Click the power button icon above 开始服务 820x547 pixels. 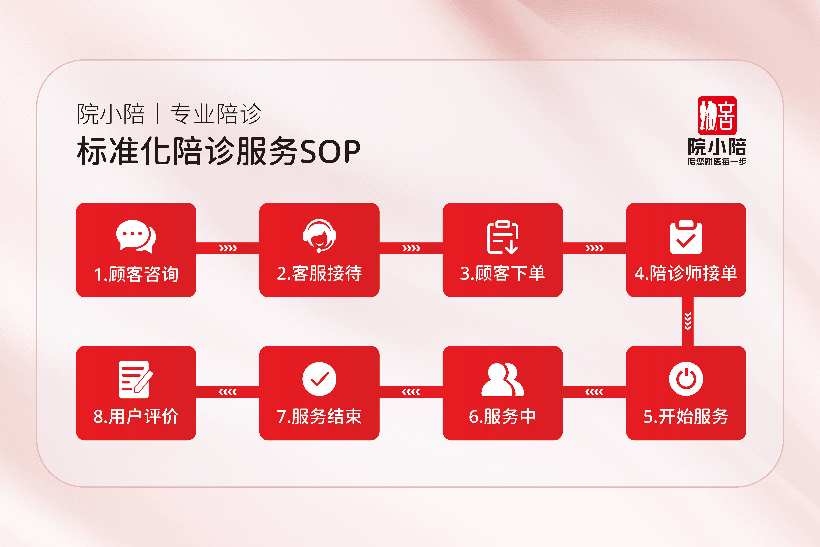(x=686, y=379)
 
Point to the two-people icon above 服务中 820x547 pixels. (x=502, y=380)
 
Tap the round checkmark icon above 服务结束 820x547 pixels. (x=319, y=379)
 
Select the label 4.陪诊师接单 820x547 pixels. (x=686, y=273)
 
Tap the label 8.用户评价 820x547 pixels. (x=136, y=416)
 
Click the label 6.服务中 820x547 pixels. (x=502, y=416)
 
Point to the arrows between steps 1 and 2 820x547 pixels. (x=228, y=248)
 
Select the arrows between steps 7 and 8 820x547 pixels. (x=228, y=392)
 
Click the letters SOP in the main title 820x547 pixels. (x=330, y=152)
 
